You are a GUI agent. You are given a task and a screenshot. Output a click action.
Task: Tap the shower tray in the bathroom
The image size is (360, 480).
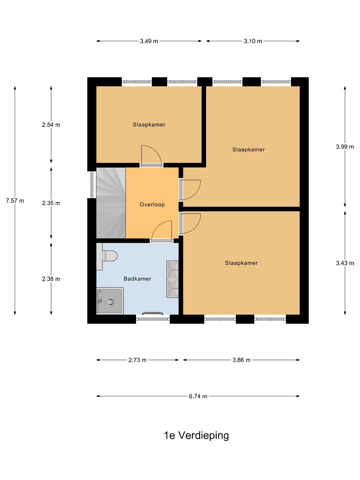pos(110,301)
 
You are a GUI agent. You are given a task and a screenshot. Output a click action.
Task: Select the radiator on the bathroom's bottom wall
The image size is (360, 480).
pos(153,313)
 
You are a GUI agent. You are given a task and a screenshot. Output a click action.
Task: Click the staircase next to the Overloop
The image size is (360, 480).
pos(111,203)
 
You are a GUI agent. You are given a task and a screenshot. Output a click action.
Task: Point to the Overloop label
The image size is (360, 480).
pos(152,204)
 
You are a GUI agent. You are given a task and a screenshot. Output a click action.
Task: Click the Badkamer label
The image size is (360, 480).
pos(137,279)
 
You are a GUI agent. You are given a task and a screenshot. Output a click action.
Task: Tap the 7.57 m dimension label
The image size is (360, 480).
pos(15,201)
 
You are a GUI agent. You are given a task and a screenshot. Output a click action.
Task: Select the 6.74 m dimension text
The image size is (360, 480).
pos(198,396)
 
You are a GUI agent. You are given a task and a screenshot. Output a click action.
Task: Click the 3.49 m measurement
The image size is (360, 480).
pos(149,41)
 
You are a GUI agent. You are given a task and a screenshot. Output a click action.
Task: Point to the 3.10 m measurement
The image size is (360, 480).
pos(253,41)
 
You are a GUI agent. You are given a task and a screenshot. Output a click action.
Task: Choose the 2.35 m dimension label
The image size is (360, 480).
pos(51,203)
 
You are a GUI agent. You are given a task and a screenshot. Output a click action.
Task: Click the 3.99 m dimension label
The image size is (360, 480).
pos(345,147)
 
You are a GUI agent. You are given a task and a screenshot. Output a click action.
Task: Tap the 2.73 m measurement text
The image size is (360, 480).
pos(137,360)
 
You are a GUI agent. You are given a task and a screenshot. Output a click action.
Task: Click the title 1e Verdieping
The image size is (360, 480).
pos(196,435)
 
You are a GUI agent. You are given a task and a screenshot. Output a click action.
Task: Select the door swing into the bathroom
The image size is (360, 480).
pos(162,230)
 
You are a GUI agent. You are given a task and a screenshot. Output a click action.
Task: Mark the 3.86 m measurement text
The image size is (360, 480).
pos(241,360)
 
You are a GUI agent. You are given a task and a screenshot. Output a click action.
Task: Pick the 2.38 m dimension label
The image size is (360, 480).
pos(51,279)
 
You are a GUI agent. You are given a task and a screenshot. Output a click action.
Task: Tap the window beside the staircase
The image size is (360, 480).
pos(92,185)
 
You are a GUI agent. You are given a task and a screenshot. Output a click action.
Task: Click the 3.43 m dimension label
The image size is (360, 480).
pos(345,263)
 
